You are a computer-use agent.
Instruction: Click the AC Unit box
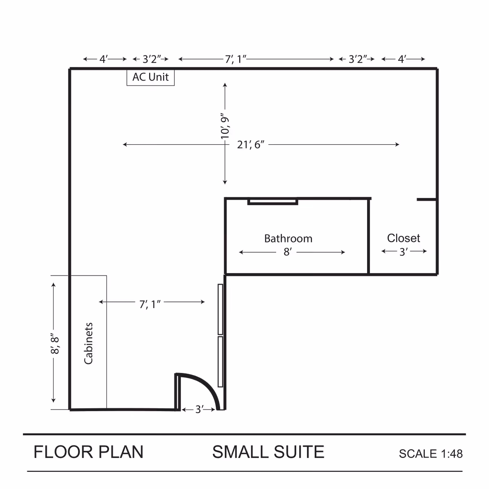pos(150,77)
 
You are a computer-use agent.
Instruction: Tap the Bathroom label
pos(288,238)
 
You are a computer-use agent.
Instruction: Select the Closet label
pos(403,238)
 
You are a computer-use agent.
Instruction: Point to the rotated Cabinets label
pos(88,343)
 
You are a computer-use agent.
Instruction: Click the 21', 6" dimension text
pos(251,145)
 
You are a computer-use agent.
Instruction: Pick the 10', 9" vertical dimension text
pos(225,126)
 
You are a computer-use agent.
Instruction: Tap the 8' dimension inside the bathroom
pos(288,252)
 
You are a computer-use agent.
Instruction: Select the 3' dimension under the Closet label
pos(403,252)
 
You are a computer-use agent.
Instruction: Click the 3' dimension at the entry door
pos(199,409)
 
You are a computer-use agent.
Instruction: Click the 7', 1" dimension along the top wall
pos(236,59)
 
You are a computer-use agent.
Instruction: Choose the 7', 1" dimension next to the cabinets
pos(150,304)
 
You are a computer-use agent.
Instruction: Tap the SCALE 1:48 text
pos(431,454)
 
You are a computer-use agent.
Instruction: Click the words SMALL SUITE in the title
pos(268,452)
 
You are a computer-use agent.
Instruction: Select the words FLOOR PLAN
pos(88,452)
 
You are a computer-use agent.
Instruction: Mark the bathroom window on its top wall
pos(273,201)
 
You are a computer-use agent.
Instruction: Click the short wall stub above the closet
pos(427,199)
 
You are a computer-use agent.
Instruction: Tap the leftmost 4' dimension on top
pos(104,59)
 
